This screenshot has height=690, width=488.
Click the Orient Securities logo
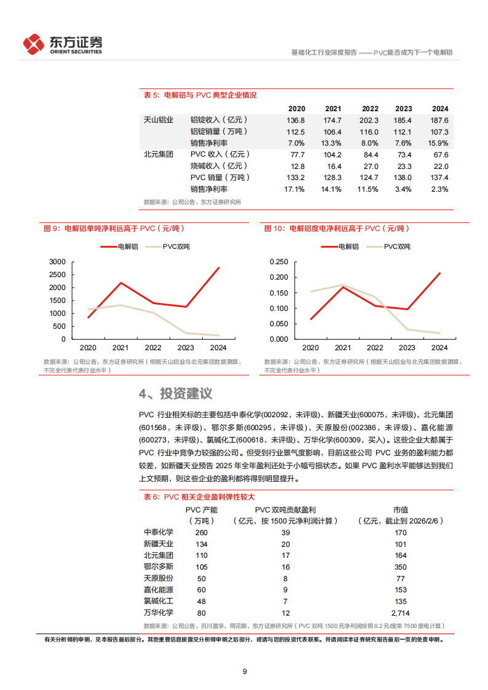pyautogui.click(x=62, y=44)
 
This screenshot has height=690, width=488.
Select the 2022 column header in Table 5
pyautogui.click(x=369, y=108)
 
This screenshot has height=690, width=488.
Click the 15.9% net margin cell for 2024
pyautogui.click(x=439, y=143)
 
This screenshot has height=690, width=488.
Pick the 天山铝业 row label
pyautogui.click(x=159, y=120)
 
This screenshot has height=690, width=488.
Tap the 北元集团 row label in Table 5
pyautogui.click(x=159, y=155)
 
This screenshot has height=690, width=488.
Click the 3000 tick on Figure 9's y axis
pyautogui.click(x=57, y=262)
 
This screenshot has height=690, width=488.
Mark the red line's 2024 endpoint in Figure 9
pyautogui.click(x=219, y=268)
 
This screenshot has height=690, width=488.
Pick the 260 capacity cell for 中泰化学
pyautogui.click(x=201, y=533)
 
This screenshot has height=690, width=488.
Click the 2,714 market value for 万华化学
pyautogui.click(x=400, y=613)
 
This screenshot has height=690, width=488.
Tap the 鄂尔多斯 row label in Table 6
pyautogui.click(x=159, y=567)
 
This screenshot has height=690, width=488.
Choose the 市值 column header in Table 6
pyautogui.click(x=400, y=509)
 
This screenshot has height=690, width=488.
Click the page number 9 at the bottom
pyautogui.click(x=245, y=671)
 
